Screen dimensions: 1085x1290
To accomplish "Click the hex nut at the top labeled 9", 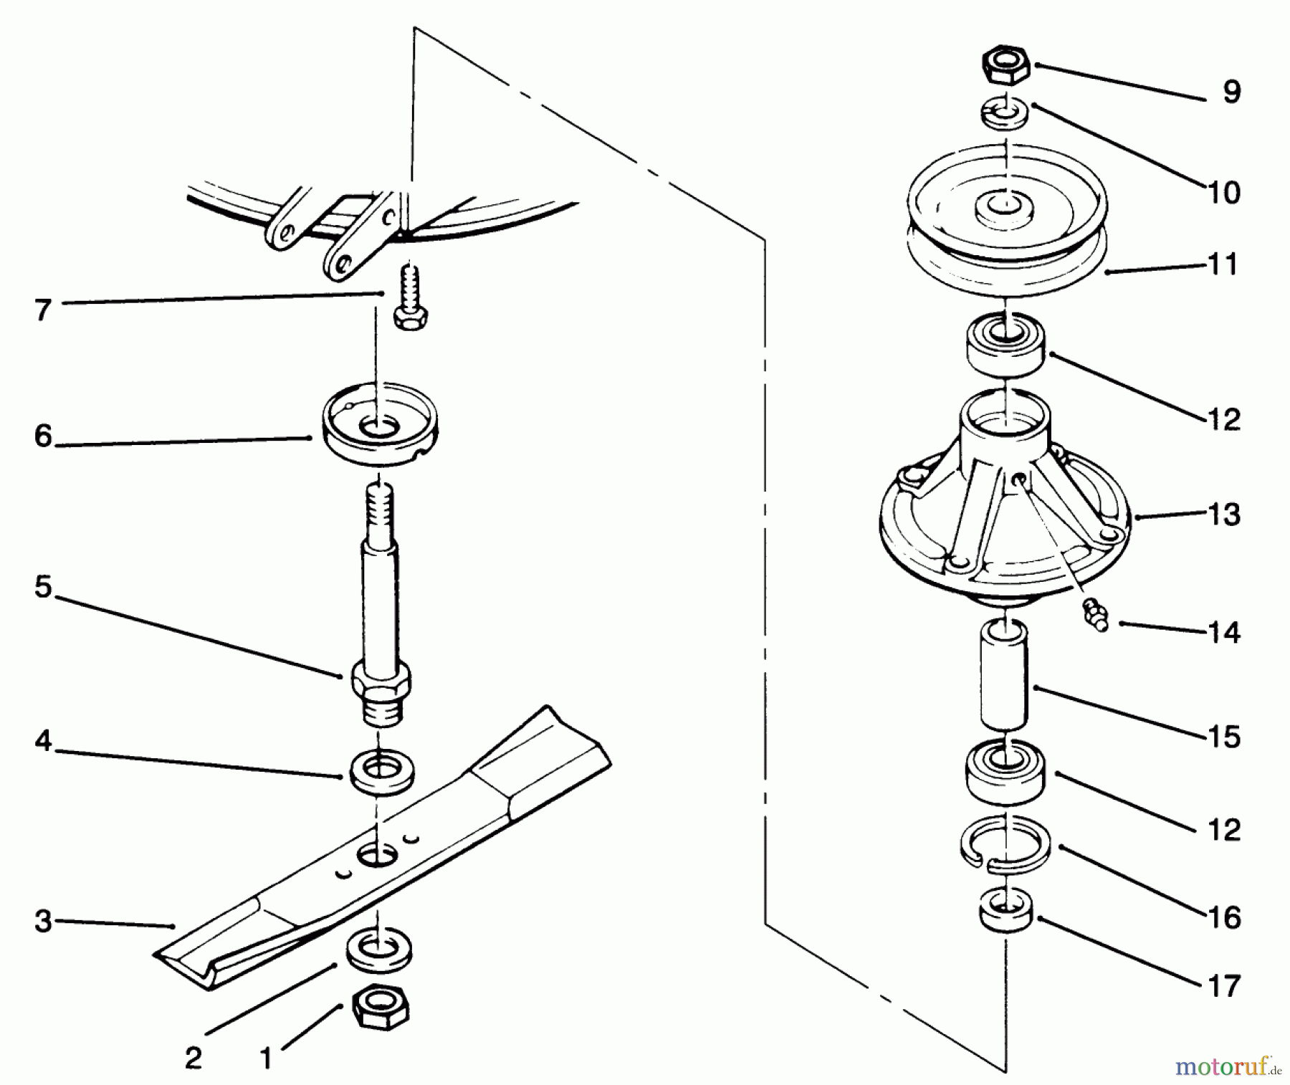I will (x=1006, y=66).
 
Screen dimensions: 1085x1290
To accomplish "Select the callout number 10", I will (x=1223, y=192).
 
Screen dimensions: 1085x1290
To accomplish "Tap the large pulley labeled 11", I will (x=1006, y=229).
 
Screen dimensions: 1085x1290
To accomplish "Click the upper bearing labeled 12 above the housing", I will (x=1006, y=347).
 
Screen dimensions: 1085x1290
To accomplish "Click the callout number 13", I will (x=1223, y=515).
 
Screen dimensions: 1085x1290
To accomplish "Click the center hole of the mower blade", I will (x=378, y=854).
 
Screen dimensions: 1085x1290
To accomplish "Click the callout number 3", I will (x=43, y=922).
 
